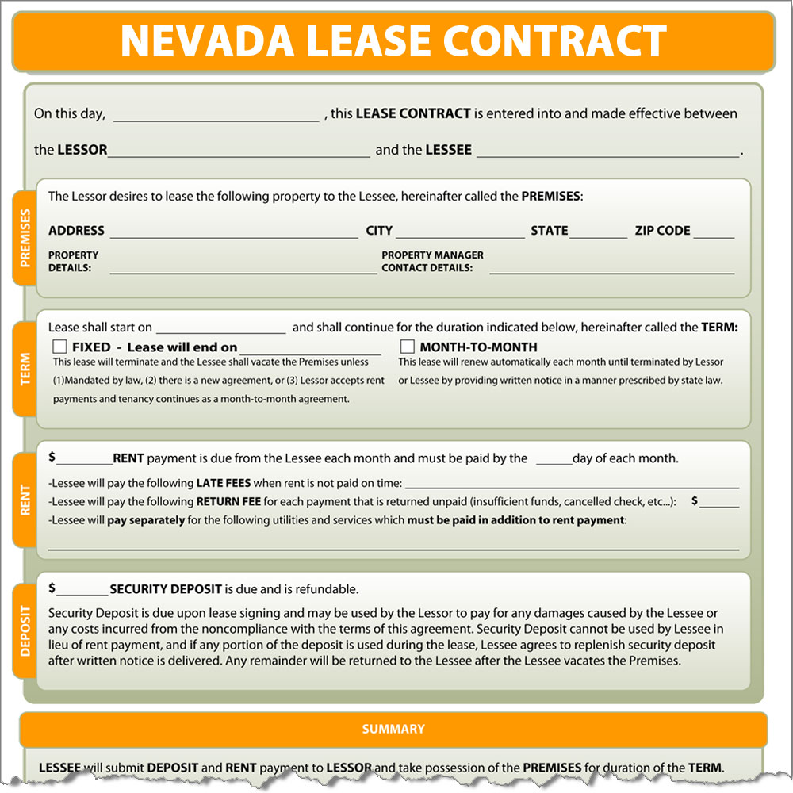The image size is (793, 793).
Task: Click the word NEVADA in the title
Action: pyautogui.click(x=207, y=41)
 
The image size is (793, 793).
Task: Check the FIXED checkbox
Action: pyautogui.click(x=59, y=347)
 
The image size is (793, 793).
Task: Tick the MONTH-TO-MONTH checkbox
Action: pyautogui.click(x=407, y=347)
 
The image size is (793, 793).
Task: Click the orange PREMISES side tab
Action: pyautogui.click(x=25, y=238)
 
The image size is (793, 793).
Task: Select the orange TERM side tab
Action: pyautogui.click(x=25, y=370)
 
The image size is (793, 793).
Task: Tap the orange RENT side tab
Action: pyautogui.click(x=25, y=500)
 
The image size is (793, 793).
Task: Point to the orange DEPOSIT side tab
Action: pyautogui.click(x=25, y=631)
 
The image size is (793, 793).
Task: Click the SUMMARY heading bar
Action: pyautogui.click(x=393, y=730)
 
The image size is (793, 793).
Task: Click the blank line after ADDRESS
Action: pyautogui.click(x=234, y=232)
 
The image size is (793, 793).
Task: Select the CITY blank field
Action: pyautogui.click(x=460, y=232)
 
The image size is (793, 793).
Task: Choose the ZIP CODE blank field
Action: pyautogui.click(x=718, y=232)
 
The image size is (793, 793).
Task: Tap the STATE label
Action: pyautogui.click(x=550, y=231)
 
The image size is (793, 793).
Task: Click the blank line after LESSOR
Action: pyautogui.click(x=239, y=151)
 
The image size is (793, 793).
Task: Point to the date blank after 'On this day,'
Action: pyautogui.click(x=216, y=116)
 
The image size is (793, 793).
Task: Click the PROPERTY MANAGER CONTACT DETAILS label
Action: pyautogui.click(x=432, y=262)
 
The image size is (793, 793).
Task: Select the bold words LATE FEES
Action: pyautogui.click(x=225, y=483)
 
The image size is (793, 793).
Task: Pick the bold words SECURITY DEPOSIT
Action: pyautogui.click(x=167, y=589)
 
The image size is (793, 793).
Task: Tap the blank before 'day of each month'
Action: pyautogui.click(x=554, y=460)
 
